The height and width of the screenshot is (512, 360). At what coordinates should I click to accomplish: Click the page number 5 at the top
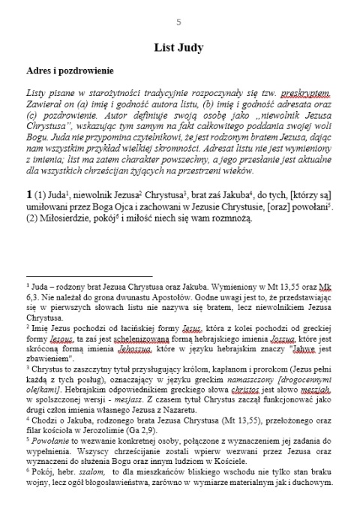[x=178, y=22]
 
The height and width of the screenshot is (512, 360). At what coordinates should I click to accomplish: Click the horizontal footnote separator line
[x=88, y=276]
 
